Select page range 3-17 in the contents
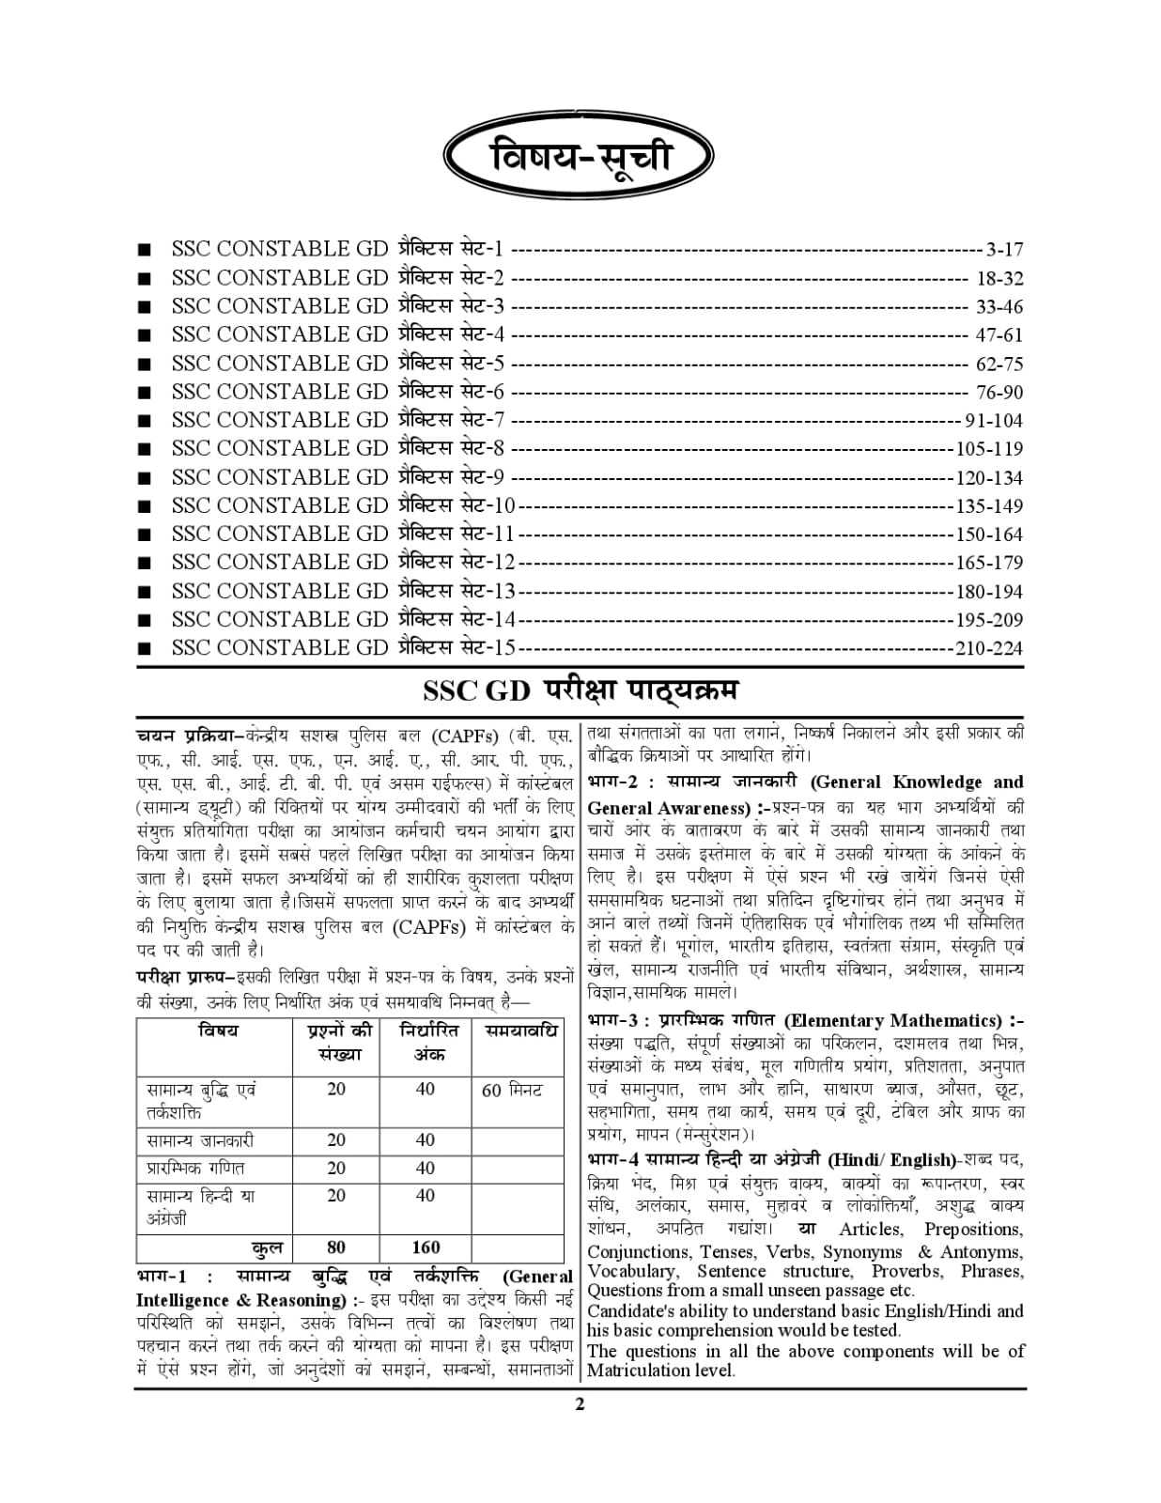1004,250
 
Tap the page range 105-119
989,449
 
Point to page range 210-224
989,648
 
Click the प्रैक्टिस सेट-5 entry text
451,364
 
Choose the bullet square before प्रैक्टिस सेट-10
144,506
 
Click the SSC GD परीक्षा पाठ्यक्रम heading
580,690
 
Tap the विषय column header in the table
218,1031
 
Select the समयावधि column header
521,1031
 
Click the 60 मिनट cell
512,1091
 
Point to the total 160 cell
426,1247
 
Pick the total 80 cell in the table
336,1247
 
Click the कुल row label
268,1247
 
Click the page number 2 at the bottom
580,1405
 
